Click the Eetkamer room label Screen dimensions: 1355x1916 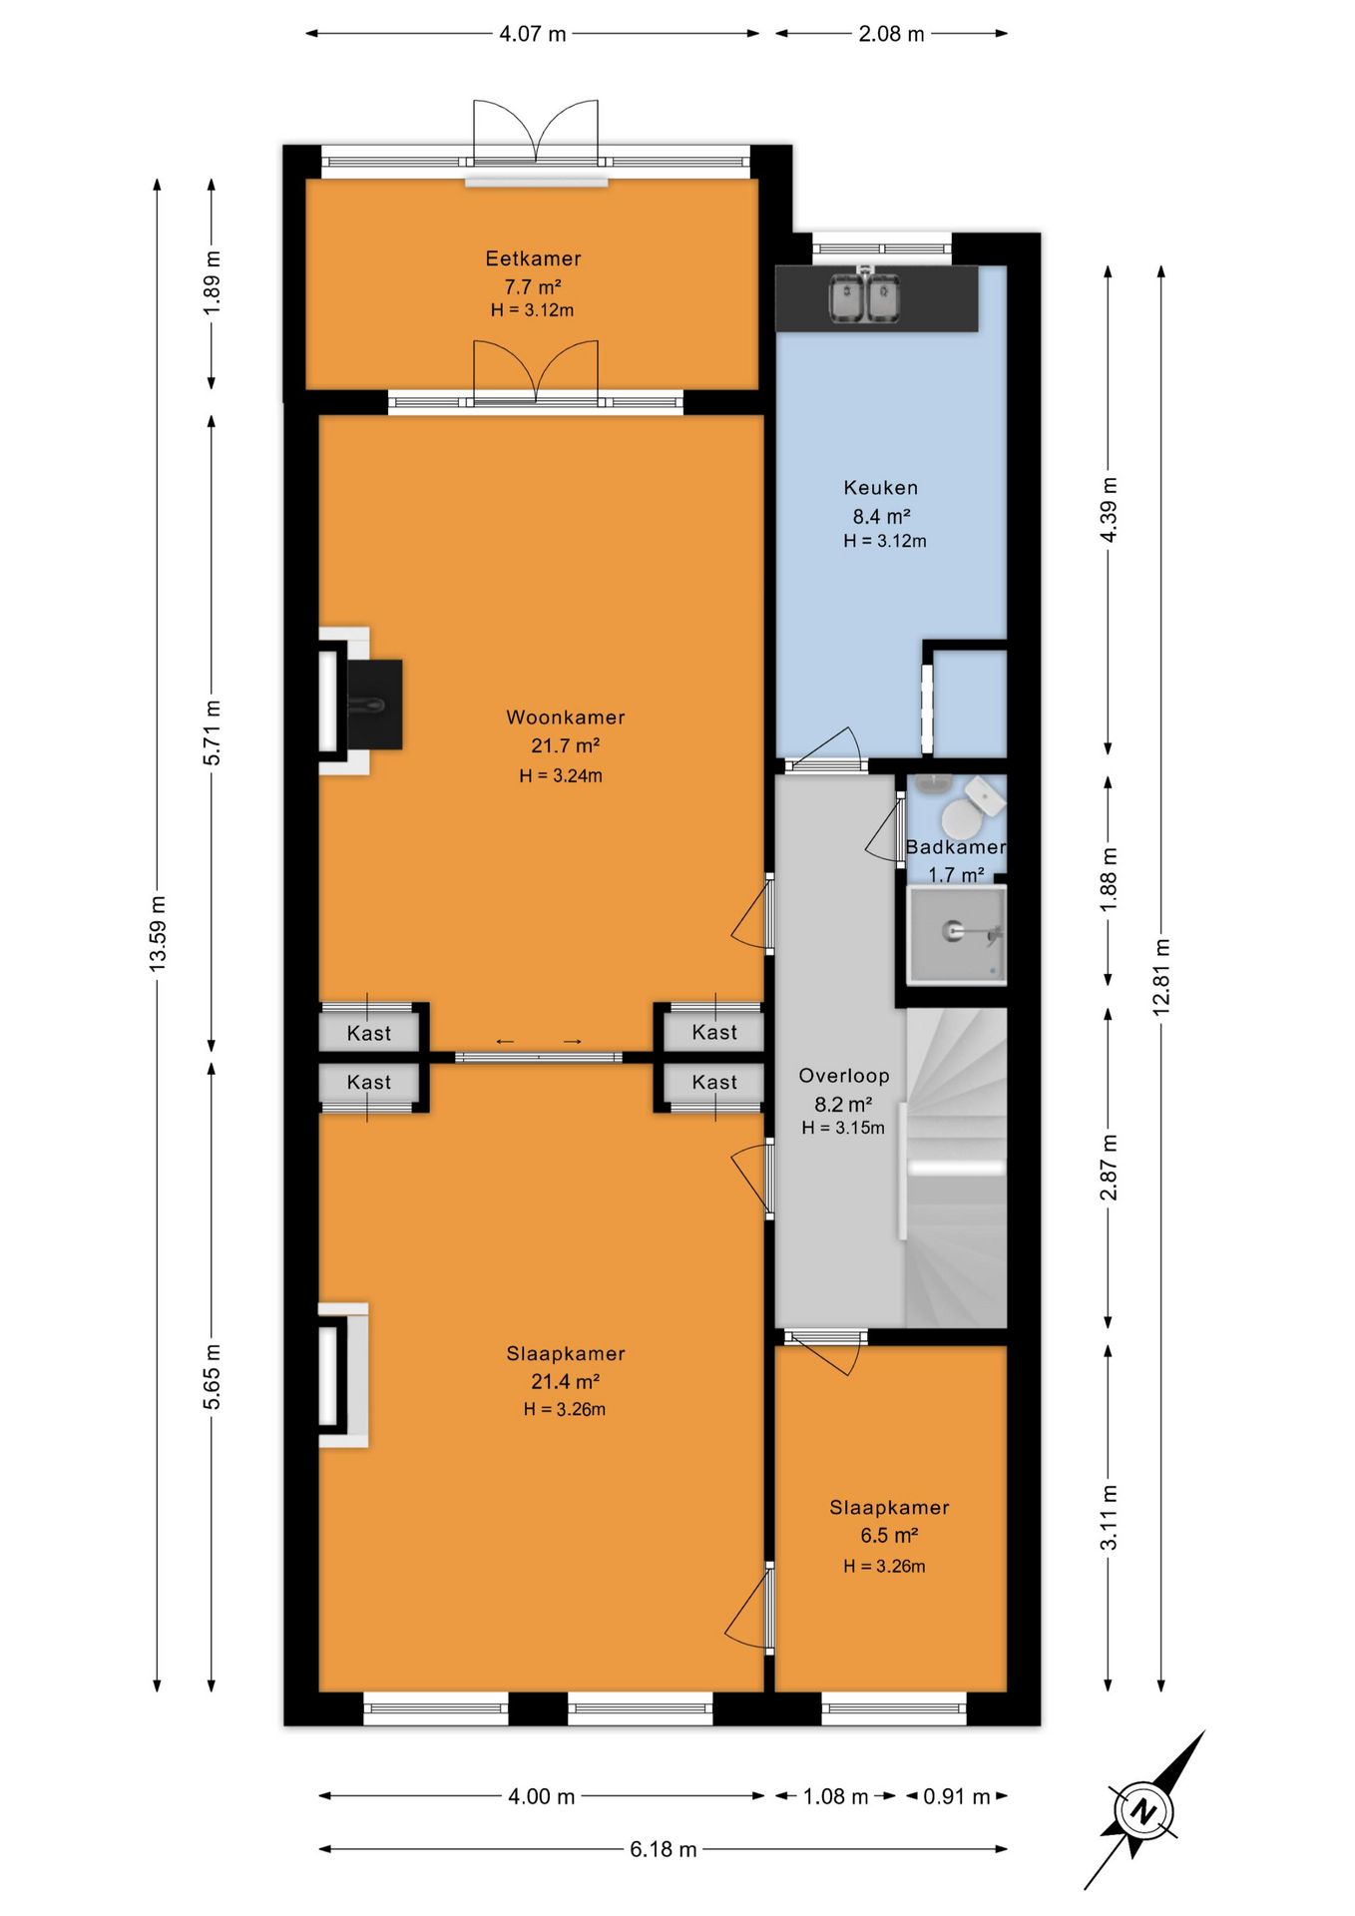[533, 258]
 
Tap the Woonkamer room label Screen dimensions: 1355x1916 [566, 718]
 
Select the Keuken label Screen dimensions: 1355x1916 [881, 488]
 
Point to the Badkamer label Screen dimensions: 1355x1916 [955, 847]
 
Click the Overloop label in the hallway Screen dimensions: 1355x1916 [844, 1076]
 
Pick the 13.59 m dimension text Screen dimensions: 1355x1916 [158, 934]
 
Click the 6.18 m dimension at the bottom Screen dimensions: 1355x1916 [664, 1849]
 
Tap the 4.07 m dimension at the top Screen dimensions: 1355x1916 [533, 34]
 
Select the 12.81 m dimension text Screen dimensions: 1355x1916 [1161, 977]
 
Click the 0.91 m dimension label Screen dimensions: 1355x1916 [956, 1796]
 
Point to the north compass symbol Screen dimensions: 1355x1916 [1143, 1810]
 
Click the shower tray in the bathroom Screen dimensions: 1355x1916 [956, 934]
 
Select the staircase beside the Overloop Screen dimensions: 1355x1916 [955, 1168]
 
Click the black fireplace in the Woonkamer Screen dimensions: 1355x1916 [374, 704]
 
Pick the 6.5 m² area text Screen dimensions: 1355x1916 [889, 1536]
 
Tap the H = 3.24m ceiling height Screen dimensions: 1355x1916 [561, 775]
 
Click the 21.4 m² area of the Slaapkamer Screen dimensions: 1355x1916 [565, 1382]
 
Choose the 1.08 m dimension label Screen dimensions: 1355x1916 [836, 1796]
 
